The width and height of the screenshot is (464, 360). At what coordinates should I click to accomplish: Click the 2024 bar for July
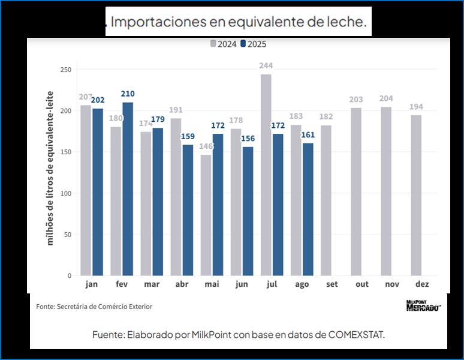[x=266, y=175]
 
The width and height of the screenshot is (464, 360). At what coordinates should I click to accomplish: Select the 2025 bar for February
[x=128, y=188]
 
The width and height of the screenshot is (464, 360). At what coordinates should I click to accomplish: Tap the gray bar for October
[x=356, y=191]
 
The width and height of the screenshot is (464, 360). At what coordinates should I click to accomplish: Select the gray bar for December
[x=416, y=195]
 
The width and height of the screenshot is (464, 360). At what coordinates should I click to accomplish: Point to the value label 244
[x=266, y=66]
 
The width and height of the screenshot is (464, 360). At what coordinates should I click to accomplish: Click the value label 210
[x=128, y=94]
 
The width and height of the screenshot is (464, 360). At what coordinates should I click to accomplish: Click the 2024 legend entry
[x=223, y=44]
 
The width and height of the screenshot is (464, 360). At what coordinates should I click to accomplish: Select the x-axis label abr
[x=182, y=284]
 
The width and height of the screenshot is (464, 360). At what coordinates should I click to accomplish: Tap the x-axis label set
[x=332, y=284]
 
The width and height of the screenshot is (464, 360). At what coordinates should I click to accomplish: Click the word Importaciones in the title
[x=157, y=22]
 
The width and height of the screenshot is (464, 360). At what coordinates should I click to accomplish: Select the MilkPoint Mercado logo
[x=423, y=306]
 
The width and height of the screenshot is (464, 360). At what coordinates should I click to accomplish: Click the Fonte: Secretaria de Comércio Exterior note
[x=94, y=307]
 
